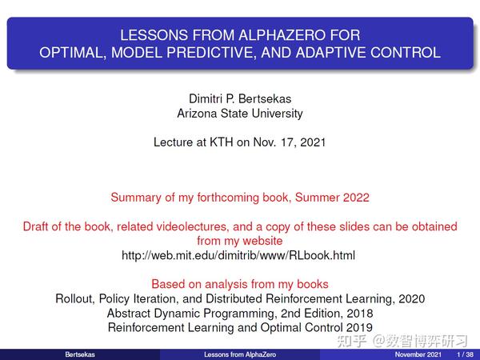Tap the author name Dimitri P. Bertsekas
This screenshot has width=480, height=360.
(x=240, y=98)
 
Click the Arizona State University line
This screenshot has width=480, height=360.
(x=240, y=114)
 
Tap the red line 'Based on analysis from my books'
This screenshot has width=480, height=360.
(x=240, y=284)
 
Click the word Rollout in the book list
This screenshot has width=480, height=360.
(x=74, y=298)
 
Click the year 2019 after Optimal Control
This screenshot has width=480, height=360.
(x=359, y=327)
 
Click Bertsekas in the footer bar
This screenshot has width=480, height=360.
(x=79, y=354)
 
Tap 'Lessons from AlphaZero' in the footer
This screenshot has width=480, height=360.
(x=239, y=354)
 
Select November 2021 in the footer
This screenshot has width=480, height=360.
(x=418, y=354)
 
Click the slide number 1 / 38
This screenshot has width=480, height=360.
(x=463, y=354)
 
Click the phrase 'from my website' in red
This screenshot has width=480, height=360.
(x=240, y=241)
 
